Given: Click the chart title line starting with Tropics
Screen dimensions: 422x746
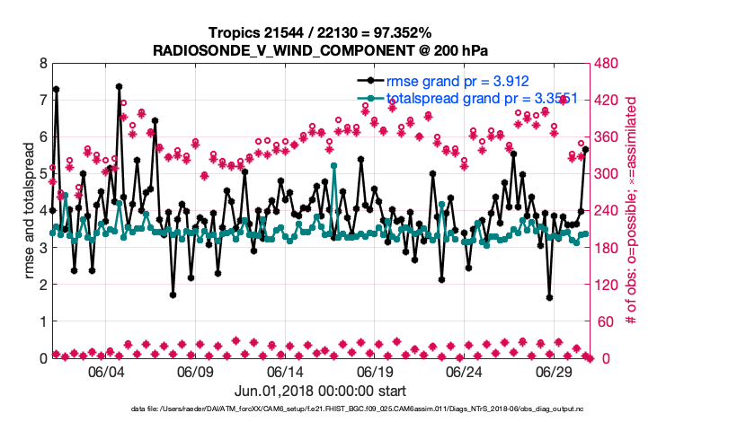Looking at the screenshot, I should tap(321, 32).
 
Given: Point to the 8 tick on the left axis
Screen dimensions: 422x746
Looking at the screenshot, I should tap(42, 64).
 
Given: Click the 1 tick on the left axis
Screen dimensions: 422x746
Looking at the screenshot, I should tap(42, 321).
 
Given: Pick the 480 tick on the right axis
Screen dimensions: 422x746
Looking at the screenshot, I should tap(606, 64).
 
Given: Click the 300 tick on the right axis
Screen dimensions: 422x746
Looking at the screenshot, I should tap(606, 174).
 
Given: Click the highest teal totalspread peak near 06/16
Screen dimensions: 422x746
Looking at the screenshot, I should tap(333, 166).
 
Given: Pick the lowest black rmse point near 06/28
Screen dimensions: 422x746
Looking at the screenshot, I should tap(549, 297).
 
